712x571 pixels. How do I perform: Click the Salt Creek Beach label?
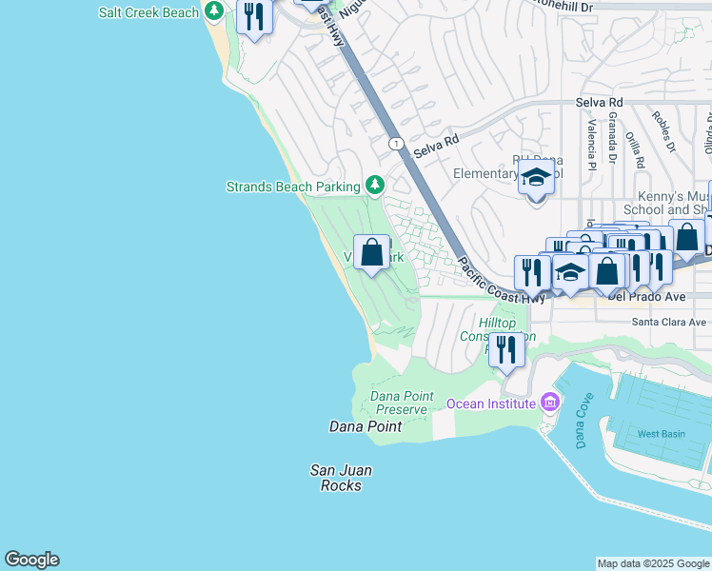pyautogui.click(x=149, y=12)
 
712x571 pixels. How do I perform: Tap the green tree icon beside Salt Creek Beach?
pyautogui.click(x=216, y=11)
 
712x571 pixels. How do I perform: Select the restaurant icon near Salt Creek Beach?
pyautogui.click(x=254, y=17)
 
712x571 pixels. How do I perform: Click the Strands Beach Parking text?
pyautogui.click(x=292, y=187)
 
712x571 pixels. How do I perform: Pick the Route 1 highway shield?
pyautogui.click(x=396, y=144)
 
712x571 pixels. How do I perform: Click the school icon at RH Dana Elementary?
pyautogui.click(x=536, y=177)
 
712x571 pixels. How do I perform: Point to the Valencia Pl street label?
pyautogui.click(x=591, y=138)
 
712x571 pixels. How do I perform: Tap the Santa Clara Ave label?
pyautogui.click(x=670, y=323)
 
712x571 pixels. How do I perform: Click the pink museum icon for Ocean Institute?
pyautogui.click(x=549, y=404)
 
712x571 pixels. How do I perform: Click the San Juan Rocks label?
pyautogui.click(x=341, y=478)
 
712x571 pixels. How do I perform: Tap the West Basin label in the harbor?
pyautogui.click(x=661, y=434)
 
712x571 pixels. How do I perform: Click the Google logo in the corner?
pyautogui.click(x=31, y=560)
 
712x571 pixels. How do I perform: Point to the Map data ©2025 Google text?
pyautogui.click(x=653, y=563)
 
